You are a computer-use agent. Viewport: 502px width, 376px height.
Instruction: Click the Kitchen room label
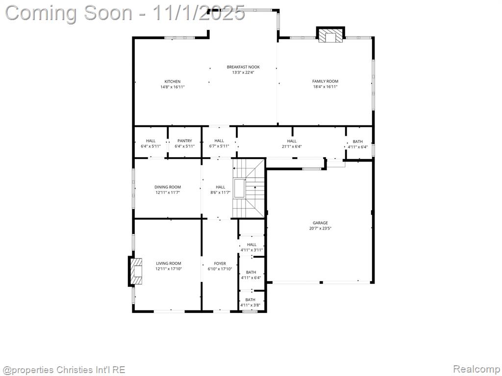pyautogui.click(x=173, y=82)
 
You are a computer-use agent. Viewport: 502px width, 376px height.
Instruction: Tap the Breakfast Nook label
pyautogui.click(x=243, y=67)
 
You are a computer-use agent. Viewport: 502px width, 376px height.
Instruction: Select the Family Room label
pyautogui.click(x=326, y=81)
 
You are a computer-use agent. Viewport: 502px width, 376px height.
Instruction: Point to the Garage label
pyautogui.click(x=320, y=223)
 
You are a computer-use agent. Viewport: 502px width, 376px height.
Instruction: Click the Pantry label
pyautogui.click(x=185, y=141)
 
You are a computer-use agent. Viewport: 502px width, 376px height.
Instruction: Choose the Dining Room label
pyautogui.click(x=168, y=187)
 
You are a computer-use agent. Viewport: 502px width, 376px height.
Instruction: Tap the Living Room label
pyautogui.click(x=169, y=263)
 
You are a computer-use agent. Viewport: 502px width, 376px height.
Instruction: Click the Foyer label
pyautogui.click(x=220, y=263)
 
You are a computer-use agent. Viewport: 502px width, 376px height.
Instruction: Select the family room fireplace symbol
pyautogui.click(x=331, y=35)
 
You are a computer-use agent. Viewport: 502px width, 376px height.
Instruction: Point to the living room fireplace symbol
pyautogui.click(x=136, y=271)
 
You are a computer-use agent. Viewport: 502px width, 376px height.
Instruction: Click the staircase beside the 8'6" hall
pyautogui.click(x=249, y=188)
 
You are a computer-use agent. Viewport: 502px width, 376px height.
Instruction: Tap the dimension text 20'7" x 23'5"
pyautogui.click(x=320, y=228)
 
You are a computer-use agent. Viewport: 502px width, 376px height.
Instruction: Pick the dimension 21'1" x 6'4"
pyautogui.click(x=292, y=146)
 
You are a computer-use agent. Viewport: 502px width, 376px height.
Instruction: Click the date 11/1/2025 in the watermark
pyautogui.click(x=199, y=13)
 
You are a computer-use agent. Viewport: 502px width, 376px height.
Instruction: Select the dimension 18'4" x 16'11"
pyautogui.click(x=326, y=87)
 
